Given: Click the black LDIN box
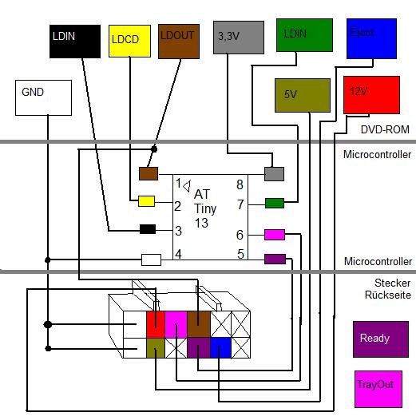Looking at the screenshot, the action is click(75, 42).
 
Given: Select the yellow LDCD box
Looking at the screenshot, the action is click(129, 41).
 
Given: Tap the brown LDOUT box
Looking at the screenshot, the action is click(179, 42).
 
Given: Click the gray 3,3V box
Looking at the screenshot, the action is click(239, 38).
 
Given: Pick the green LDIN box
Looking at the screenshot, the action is click(304, 35).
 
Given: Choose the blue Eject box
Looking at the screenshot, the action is click(371, 38).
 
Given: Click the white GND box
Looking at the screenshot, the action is click(43, 97).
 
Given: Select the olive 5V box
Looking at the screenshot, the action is click(303, 95).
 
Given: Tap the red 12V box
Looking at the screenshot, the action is click(372, 95).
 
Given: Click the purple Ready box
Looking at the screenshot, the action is click(381, 339).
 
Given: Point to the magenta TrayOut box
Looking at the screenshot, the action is click(378, 389).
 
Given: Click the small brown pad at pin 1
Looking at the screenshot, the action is click(149, 173).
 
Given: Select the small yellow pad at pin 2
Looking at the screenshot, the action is click(147, 201).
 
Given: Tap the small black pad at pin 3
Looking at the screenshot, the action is click(148, 229).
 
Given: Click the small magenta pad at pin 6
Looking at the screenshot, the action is click(275, 235).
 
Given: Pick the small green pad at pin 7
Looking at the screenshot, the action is click(275, 204).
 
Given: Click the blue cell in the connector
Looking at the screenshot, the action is click(220, 347).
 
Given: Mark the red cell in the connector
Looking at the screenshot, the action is click(156, 324).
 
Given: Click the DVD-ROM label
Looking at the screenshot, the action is click(385, 129).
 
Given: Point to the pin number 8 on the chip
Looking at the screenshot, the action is click(240, 184).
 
